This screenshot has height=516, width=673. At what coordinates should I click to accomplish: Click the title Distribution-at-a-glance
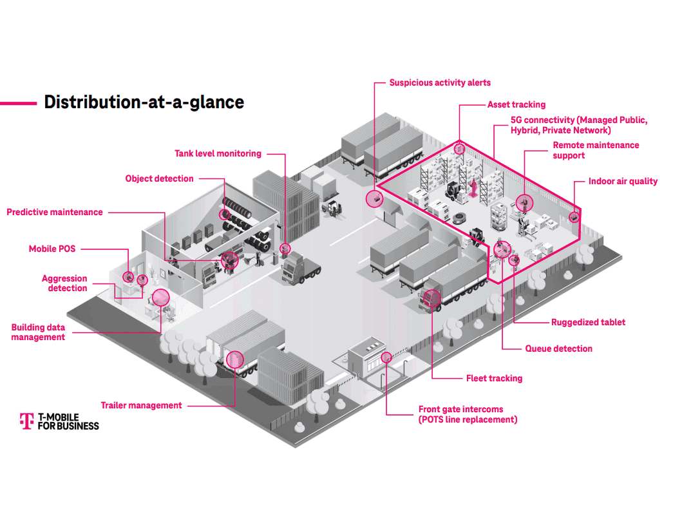tap(144, 102)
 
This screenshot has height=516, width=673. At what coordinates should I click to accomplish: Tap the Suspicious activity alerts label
tap(440, 83)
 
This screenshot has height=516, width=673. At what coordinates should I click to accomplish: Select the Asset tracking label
tap(516, 104)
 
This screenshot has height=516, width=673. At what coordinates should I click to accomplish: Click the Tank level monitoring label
tap(218, 153)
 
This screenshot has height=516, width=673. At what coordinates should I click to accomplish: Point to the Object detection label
tap(159, 178)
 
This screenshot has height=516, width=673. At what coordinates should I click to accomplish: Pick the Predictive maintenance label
tap(55, 212)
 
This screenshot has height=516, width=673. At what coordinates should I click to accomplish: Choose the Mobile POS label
tap(52, 249)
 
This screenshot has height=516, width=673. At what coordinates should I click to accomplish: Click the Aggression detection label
tap(65, 283)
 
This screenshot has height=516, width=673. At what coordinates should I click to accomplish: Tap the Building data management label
tap(38, 332)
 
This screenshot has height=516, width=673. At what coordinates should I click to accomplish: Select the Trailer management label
tap(141, 405)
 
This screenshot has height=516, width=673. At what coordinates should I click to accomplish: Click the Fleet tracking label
tap(494, 378)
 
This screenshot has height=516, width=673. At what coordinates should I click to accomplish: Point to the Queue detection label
tap(558, 349)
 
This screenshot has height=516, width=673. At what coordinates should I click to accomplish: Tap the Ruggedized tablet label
tap(588, 322)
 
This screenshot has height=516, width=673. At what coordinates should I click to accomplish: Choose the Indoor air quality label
tap(623, 181)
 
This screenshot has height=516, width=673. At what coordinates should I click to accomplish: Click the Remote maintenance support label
tap(596, 150)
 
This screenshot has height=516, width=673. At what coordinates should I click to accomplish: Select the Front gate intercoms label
tap(467, 414)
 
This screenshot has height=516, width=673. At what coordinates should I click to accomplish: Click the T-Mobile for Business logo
tap(59, 421)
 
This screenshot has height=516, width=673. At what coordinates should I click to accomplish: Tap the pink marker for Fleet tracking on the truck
tap(433, 298)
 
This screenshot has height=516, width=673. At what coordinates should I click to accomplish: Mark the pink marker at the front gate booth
tap(386, 357)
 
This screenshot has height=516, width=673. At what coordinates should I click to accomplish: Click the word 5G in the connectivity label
tap(517, 120)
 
